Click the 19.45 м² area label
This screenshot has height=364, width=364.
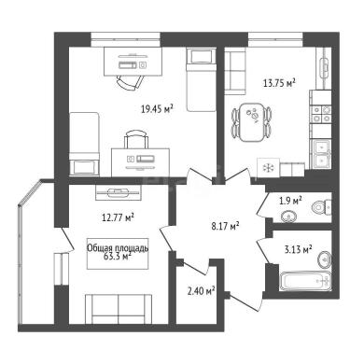[157, 109]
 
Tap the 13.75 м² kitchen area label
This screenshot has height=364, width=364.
[279, 83]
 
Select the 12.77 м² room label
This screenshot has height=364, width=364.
[118, 217]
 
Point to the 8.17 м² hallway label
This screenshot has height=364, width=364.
[225, 226]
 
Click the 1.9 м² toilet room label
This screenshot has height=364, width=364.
[291, 201]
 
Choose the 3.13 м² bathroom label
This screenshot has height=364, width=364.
[299, 249]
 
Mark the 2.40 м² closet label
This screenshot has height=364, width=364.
[202, 291]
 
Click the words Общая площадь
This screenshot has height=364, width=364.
[118, 248]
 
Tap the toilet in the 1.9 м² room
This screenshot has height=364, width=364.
[321, 207]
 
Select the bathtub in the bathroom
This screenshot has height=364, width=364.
[305, 281]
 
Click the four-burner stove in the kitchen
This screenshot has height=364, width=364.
[321, 114]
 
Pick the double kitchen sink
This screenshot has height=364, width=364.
[321, 155]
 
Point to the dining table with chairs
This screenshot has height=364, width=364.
[252, 122]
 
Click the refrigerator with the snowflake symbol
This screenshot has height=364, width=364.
[268, 168]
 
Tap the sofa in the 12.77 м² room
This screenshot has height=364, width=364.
[119, 309]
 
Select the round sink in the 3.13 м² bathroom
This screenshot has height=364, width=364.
[325, 259]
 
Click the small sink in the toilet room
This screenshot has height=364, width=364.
[289, 217]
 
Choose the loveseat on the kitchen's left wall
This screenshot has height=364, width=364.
[235, 73]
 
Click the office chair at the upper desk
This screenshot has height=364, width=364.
[131, 83]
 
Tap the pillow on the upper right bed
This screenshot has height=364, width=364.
[202, 56]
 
